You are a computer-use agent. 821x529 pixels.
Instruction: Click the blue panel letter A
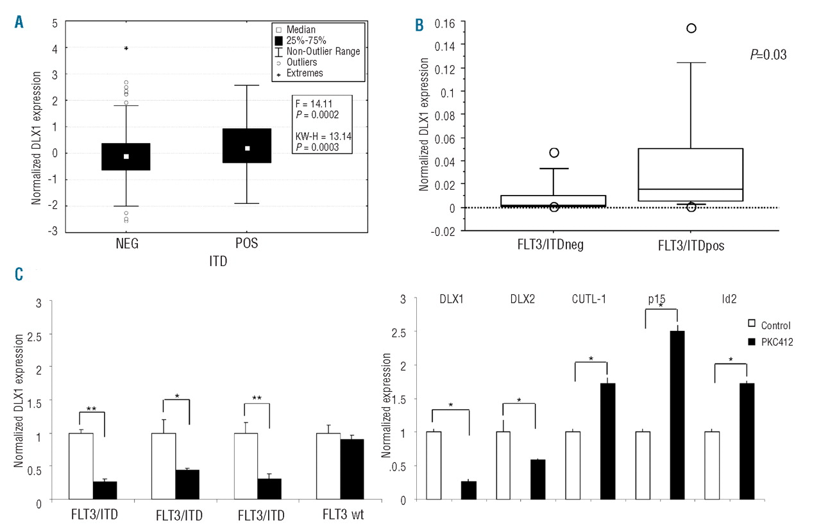pos(19,22)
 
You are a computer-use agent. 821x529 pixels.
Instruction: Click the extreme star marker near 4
pos(126,48)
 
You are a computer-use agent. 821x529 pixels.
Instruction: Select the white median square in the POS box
pos(247,148)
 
